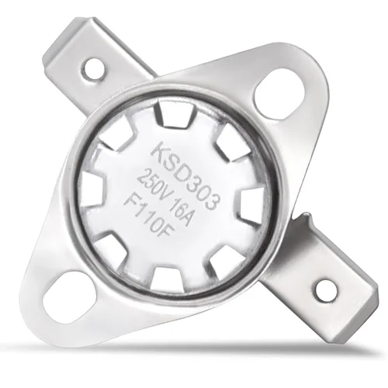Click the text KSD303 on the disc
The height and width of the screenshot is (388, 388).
click(184, 174)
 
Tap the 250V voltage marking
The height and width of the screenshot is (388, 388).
click(153, 183)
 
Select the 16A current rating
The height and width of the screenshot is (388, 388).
click(180, 211)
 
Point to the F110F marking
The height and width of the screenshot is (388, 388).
click(150, 215)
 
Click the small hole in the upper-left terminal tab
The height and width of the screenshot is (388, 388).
click(95, 68)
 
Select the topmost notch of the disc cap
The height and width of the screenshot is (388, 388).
click(174, 114)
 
